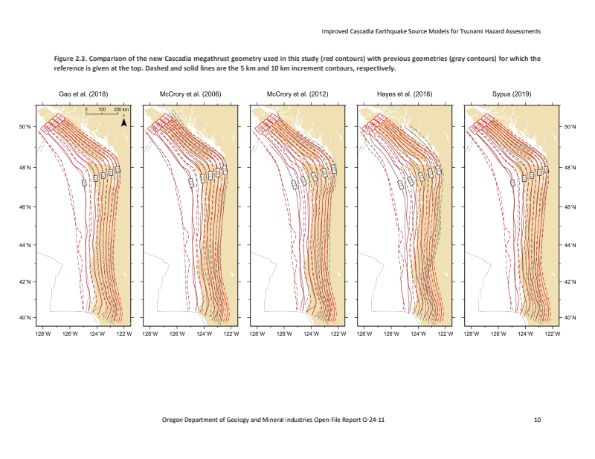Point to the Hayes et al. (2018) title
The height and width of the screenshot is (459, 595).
coord(404,94)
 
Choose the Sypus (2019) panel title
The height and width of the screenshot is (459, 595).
coord(511,94)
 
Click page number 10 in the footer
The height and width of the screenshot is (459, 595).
coord(537,420)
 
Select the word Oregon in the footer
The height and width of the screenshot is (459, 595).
coord(174,420)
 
